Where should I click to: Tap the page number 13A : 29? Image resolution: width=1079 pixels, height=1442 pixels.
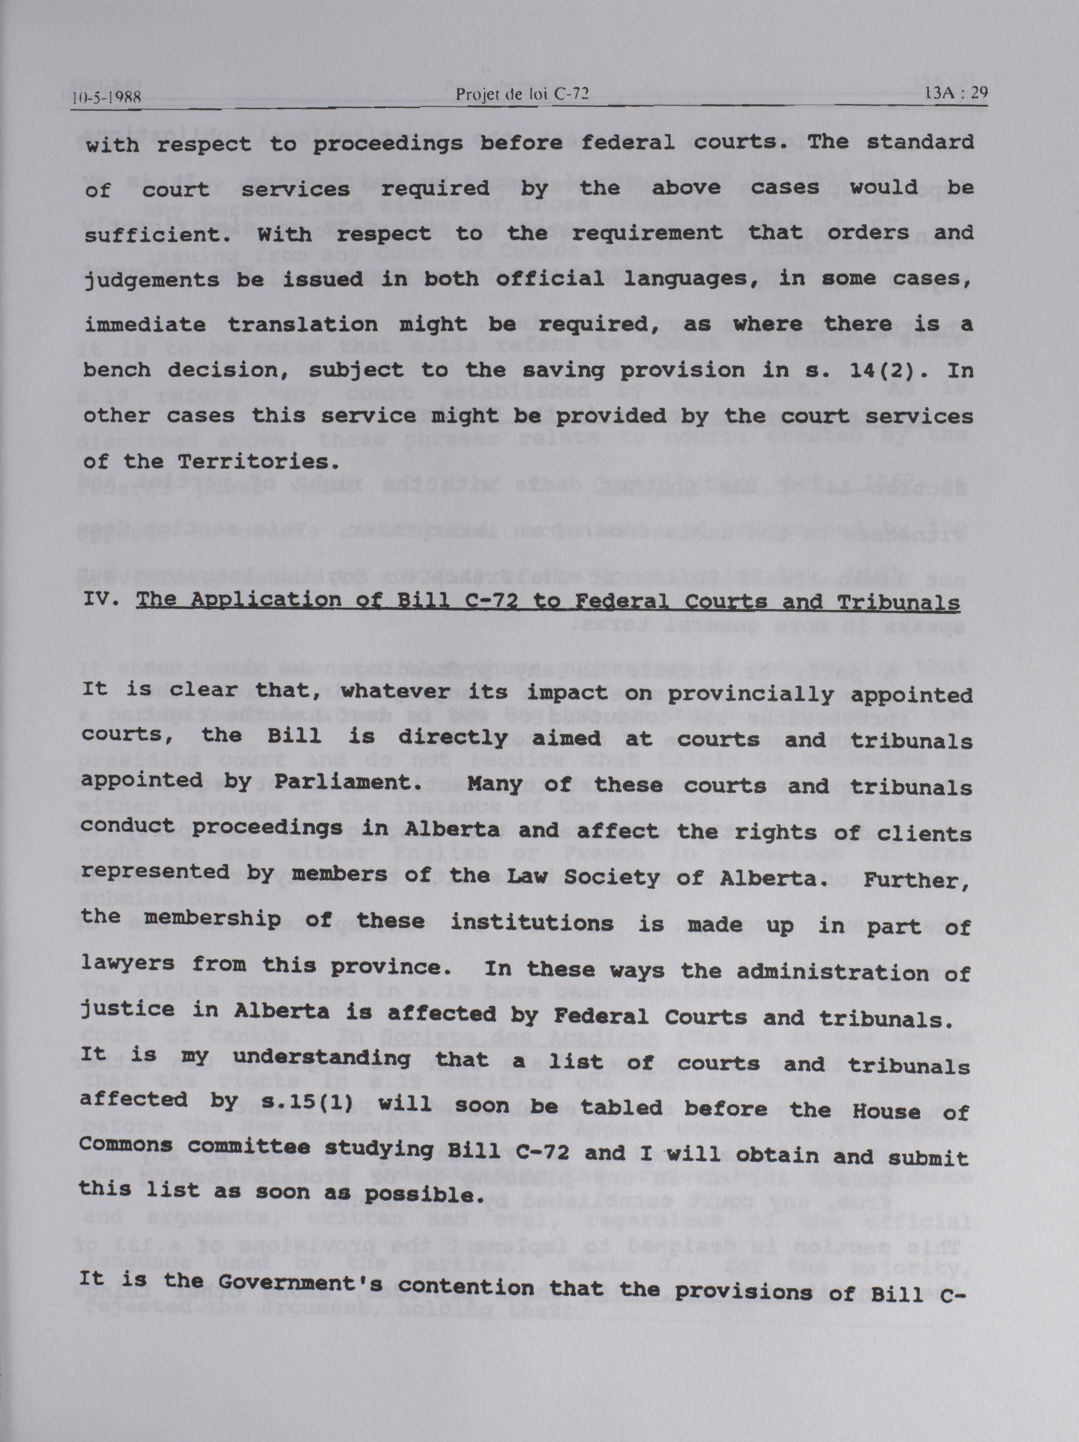(956, 93)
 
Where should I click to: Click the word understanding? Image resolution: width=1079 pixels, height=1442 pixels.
(322, 1059)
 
